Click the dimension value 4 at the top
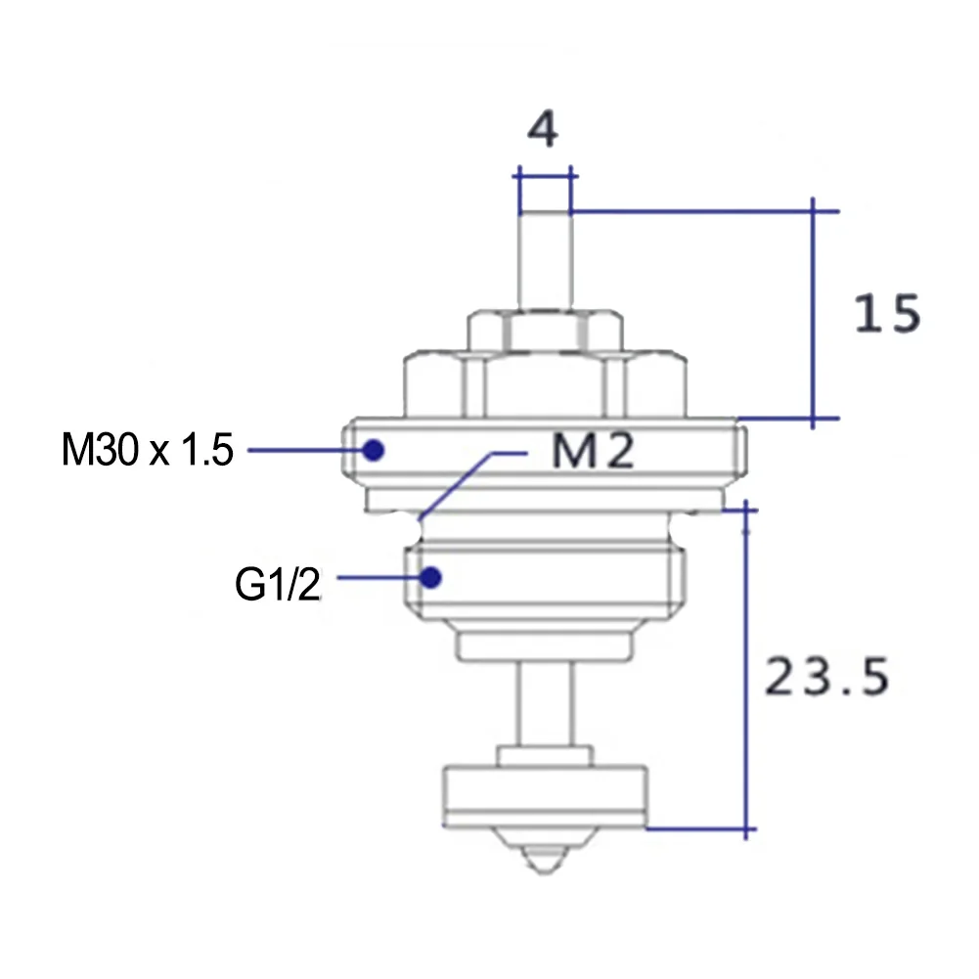(543, 130)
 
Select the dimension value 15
(887, 314)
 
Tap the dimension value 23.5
(825, 676)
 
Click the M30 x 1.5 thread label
(148, 451)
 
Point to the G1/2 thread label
(277, 586)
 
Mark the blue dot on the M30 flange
(372, 450)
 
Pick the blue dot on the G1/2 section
(429, 577)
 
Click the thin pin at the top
(544, 259)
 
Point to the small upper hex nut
(544, 331)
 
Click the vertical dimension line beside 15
(814, 313)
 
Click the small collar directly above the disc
(544, 756)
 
